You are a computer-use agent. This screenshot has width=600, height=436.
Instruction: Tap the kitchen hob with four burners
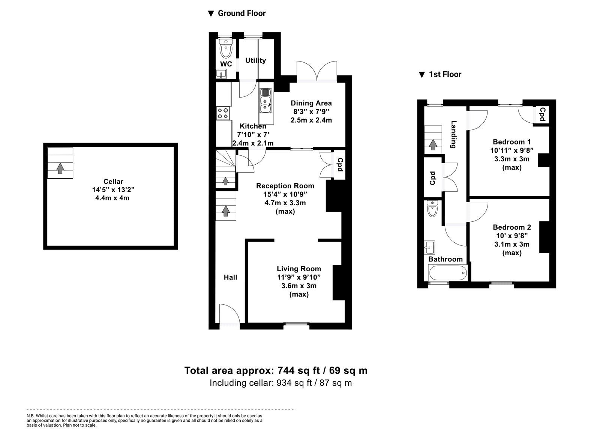(x=223, y=113)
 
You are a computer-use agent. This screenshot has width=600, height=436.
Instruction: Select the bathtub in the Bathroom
(x=448, y=273)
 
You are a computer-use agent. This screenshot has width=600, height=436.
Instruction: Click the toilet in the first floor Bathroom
(x=432, y=209)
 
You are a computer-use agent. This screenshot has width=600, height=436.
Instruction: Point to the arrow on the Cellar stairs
(x=60, y=168)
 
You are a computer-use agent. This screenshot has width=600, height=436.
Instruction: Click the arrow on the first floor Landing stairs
(x=433, y=144)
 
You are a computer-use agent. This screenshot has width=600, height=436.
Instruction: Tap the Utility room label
(x=255, y=60)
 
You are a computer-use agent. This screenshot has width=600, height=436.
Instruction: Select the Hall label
(x=230, y=277)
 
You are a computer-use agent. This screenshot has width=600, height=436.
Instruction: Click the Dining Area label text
(x=311, y=103)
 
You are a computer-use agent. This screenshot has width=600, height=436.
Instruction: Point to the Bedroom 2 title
(x=512, y=227)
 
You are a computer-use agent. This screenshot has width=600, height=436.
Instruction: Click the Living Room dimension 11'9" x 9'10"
(x=299, y=277)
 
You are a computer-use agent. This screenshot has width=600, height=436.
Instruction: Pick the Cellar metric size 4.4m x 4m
(x=112, y=198)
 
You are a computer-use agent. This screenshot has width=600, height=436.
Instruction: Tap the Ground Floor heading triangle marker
(x=211, y=14)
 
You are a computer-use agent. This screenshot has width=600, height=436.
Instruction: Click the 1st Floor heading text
(x=445, y=74)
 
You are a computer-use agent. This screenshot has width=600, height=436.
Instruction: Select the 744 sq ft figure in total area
(x=298, y=370)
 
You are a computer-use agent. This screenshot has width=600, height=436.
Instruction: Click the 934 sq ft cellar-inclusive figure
(x=294, y=383)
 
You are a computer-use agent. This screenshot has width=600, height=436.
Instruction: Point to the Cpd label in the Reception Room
(x=340, y=165)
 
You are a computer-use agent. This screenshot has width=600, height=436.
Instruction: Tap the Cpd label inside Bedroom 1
(x=542, y=114)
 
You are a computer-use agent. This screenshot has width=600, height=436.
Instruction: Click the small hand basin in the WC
(x=221, y=74)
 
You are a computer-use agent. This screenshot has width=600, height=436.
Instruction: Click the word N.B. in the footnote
(x=30, y=416)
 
